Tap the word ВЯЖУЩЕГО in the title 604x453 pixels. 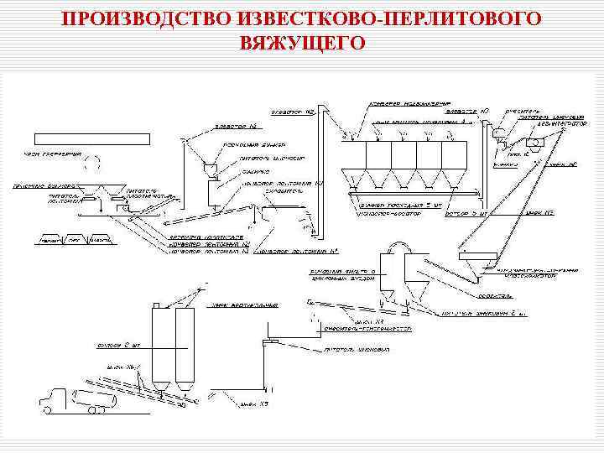point(302,42)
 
